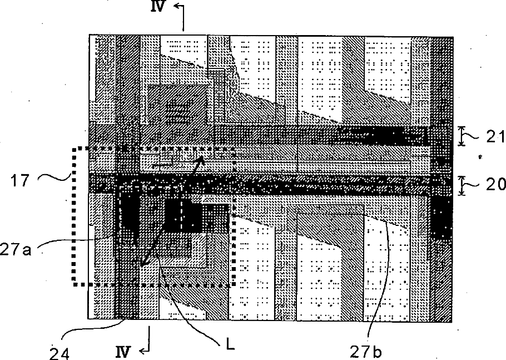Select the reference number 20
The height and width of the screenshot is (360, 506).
(x=493, y=185)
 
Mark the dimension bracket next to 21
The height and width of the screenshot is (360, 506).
(x=461, y=136)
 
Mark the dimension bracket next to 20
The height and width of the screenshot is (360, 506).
(x=461, y=185)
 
